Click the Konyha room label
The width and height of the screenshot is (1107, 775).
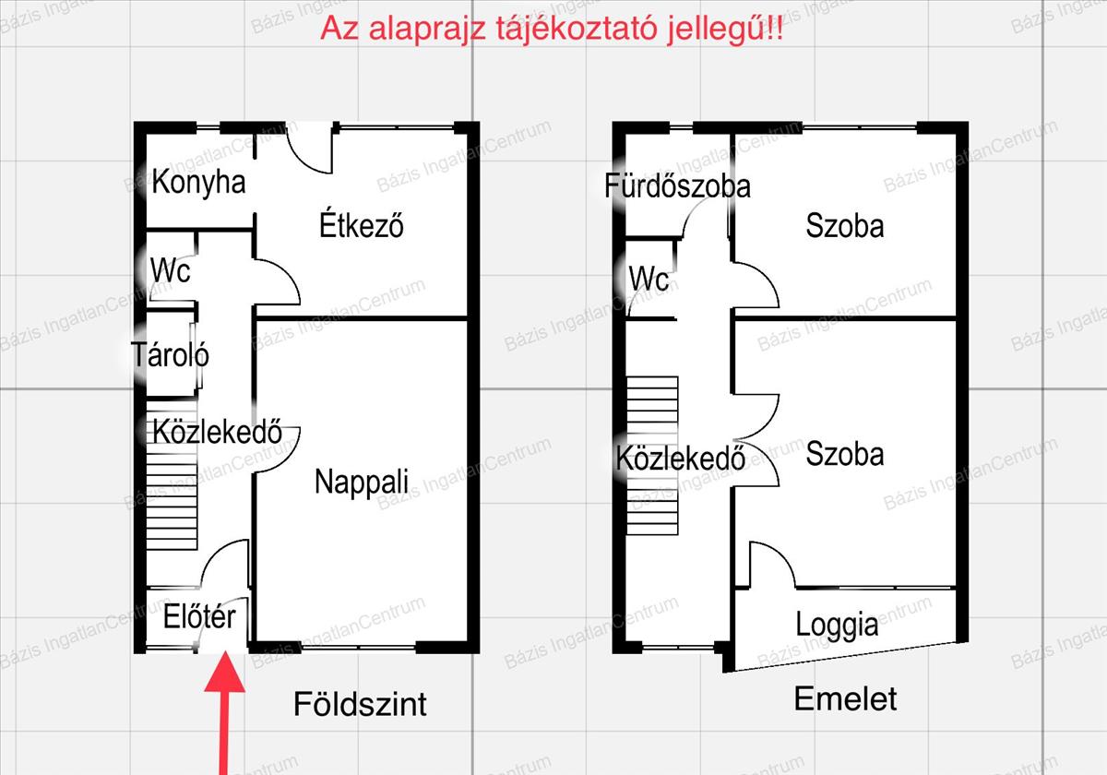[198, 183]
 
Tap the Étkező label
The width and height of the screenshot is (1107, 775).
[362, 225]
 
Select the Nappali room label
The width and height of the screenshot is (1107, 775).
[362, 482]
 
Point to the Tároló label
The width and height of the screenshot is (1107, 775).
[170, 354]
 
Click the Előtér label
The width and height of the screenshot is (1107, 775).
[199, 616]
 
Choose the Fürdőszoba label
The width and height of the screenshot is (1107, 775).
[677, 185]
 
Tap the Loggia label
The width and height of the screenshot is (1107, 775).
[838, 625]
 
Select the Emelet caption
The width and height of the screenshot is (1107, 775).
[846, 698]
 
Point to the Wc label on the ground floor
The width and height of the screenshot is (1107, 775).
[171, 270]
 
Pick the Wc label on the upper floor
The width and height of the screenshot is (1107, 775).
[649, 279]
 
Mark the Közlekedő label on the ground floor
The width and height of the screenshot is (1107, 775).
[217, 432]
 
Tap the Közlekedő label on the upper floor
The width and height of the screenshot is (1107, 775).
[681, 458]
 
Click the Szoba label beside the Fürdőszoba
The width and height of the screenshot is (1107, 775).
[845, 226]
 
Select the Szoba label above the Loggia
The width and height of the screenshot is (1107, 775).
[845, 453]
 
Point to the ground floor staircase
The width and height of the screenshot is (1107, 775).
[172, 474]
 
